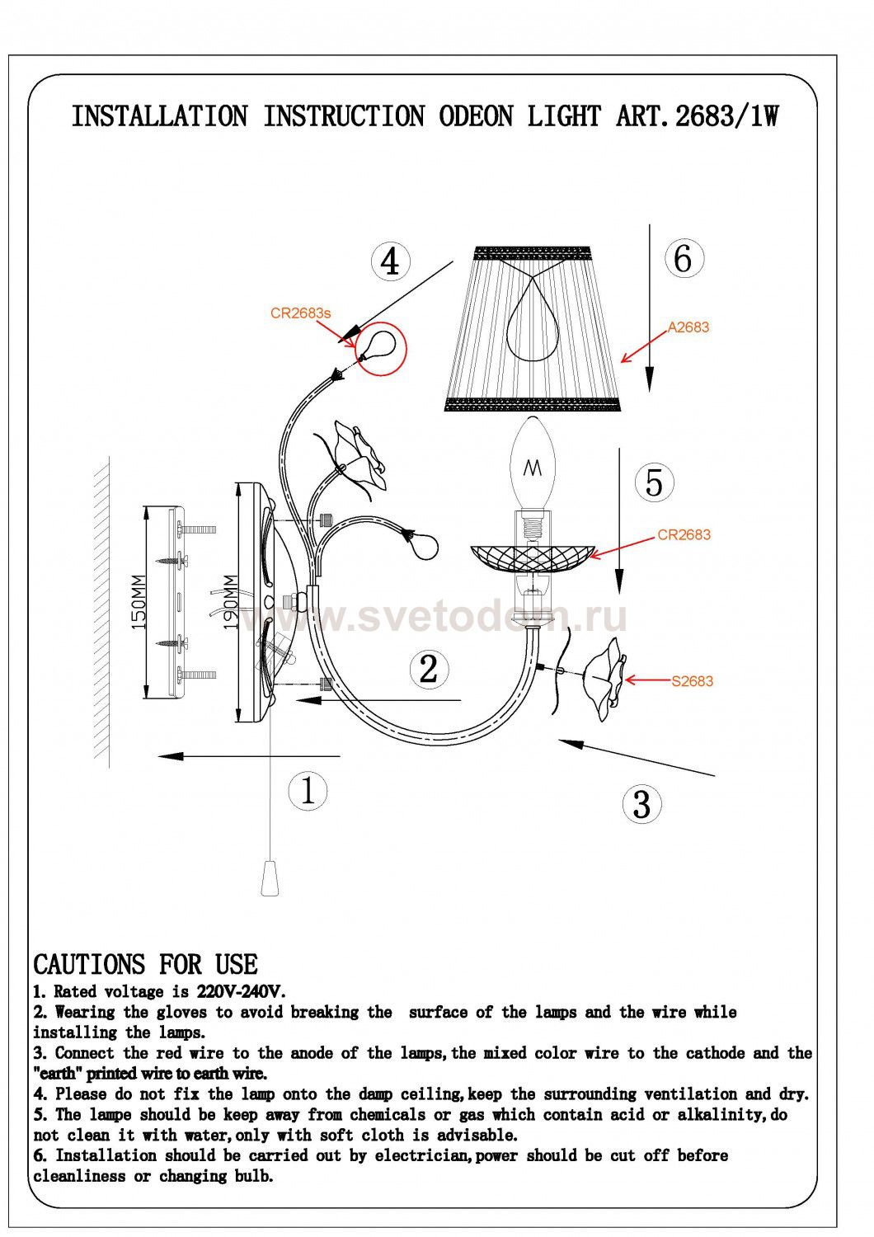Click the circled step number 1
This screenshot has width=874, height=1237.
[x=308, y=790]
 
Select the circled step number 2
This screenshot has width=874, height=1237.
[x=429, y=669]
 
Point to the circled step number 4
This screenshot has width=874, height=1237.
[x=390, y=261]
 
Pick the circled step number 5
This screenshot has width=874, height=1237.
[x=654, y=482]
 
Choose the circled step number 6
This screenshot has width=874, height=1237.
[x=684, y=258]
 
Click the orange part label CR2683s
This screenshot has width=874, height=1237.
[x=300, y=313]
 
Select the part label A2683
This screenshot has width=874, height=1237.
[x=688, y=327]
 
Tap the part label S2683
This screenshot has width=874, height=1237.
[x=692, y=681]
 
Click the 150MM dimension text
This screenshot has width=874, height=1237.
[x=139, y=602]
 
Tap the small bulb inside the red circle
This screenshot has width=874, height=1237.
[x=375, y=346]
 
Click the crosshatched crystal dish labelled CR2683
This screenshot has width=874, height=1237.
[x=533, y=559]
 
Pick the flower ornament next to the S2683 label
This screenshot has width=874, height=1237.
[x=604, y=679]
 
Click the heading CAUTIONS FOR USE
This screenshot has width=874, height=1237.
[x=145, y=965]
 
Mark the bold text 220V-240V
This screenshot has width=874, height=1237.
[x=241, y=992]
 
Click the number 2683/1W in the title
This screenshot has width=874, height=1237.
[x=726, y=116]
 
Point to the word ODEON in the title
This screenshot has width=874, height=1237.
[x=476, y=116]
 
